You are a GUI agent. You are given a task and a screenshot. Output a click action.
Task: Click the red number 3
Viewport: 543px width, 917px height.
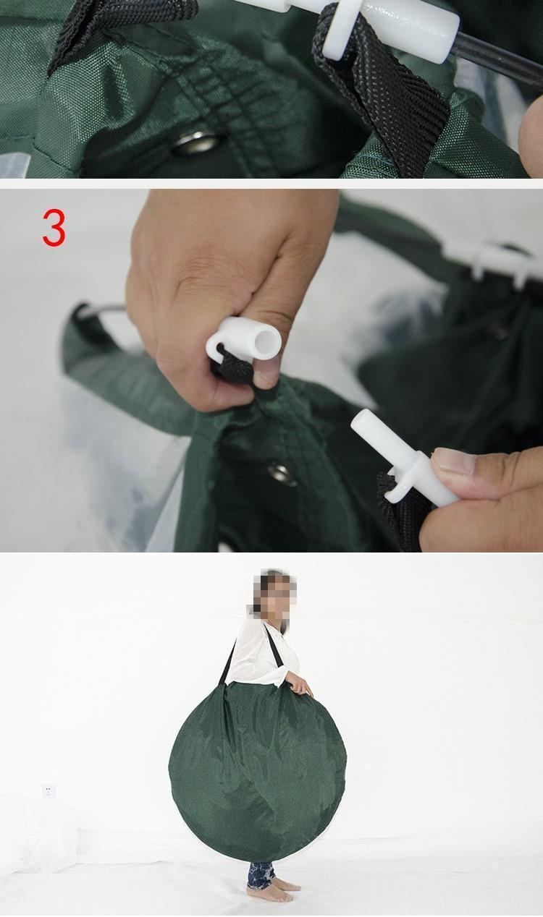point(54,228)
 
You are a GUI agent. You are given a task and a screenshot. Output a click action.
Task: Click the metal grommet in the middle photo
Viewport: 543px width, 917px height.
point(283,473)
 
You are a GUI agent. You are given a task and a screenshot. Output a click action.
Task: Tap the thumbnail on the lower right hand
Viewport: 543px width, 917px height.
point(454,461)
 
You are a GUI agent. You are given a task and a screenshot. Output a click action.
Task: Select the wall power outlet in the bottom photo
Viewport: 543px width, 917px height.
point(49,792)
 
